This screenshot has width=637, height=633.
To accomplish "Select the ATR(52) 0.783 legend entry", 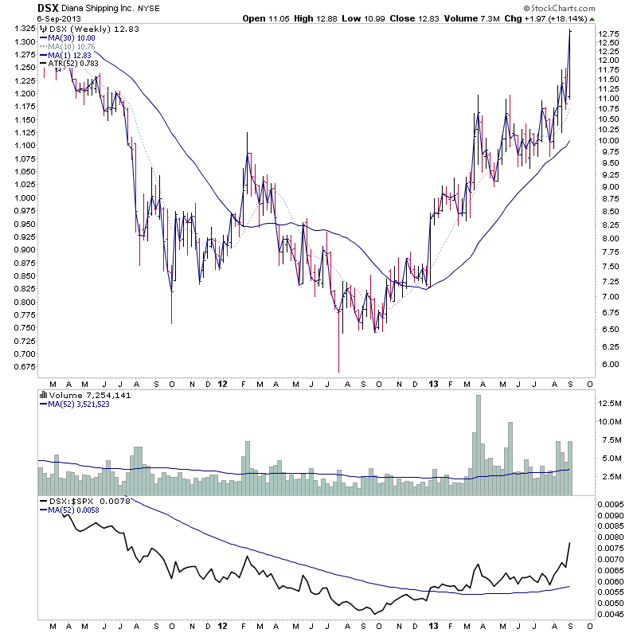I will tap(76, 64).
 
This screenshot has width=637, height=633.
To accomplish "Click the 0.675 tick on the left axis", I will tap(21, 367).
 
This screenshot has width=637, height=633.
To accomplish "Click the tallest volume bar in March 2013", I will tap(478, 445).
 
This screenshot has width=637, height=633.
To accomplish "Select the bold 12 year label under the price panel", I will tap(224, 383).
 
